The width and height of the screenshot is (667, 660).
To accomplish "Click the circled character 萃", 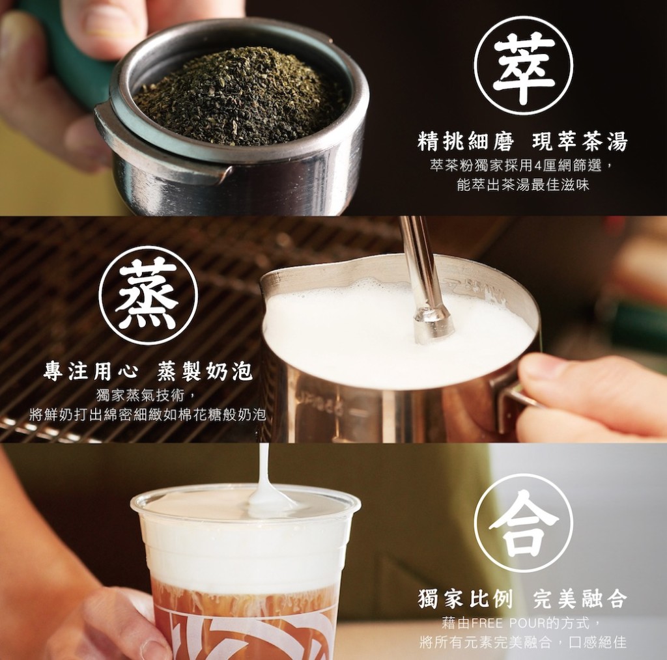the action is (x=523, y=67).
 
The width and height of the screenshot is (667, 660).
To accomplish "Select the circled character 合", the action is (x=523, y=523).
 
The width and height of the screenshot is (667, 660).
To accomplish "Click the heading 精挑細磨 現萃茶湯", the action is (x=522, y=141).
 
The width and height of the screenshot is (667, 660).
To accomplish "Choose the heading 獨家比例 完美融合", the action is (x=522, y=599).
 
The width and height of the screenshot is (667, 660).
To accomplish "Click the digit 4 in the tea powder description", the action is (x=537, y=165).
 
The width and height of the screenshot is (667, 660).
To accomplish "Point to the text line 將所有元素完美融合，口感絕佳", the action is (x=523, y=642).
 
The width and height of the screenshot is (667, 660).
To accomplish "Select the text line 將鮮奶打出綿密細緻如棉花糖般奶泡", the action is (x=148, y=415).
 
